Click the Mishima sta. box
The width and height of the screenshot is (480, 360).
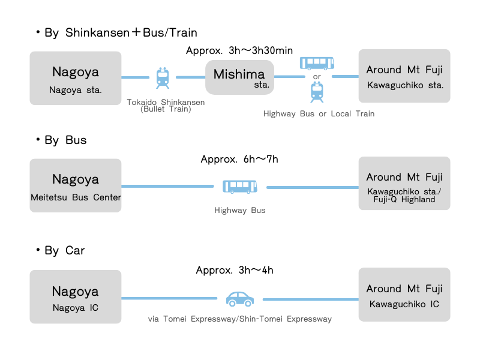coord(240,77)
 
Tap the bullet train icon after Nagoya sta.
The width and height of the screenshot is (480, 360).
coord(163,77)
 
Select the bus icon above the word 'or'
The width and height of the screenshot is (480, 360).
coord(317,62)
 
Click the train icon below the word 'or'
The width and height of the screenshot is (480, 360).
coord(317,92)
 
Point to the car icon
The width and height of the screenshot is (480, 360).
coord(240,298)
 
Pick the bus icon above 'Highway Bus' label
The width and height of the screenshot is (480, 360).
coord(240,187)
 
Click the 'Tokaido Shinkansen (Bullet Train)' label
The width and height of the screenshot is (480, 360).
coord(166,106)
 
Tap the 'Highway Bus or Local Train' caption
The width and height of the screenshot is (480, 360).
coord(319,113)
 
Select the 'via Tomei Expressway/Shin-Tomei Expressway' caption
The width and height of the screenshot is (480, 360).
coord(240,319)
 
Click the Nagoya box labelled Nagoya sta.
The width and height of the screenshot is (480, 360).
coord(76,78)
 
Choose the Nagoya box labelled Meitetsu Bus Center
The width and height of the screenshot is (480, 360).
coord(76,185)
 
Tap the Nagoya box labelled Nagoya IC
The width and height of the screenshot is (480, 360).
coord(76,296)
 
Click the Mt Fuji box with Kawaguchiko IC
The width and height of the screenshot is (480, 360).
coord(404,295)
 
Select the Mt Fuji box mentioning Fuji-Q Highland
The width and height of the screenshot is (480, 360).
coord(404,184)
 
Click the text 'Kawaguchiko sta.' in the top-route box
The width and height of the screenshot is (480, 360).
coord(405,85)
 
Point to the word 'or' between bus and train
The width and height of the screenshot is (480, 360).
coord(317,77)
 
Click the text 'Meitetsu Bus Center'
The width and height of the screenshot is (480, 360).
coord(76,197)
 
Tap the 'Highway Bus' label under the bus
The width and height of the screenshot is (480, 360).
coord(240,211)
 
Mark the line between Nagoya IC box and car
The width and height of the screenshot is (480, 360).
coord(169,298)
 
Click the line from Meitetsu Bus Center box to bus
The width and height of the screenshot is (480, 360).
coord(167,187)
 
